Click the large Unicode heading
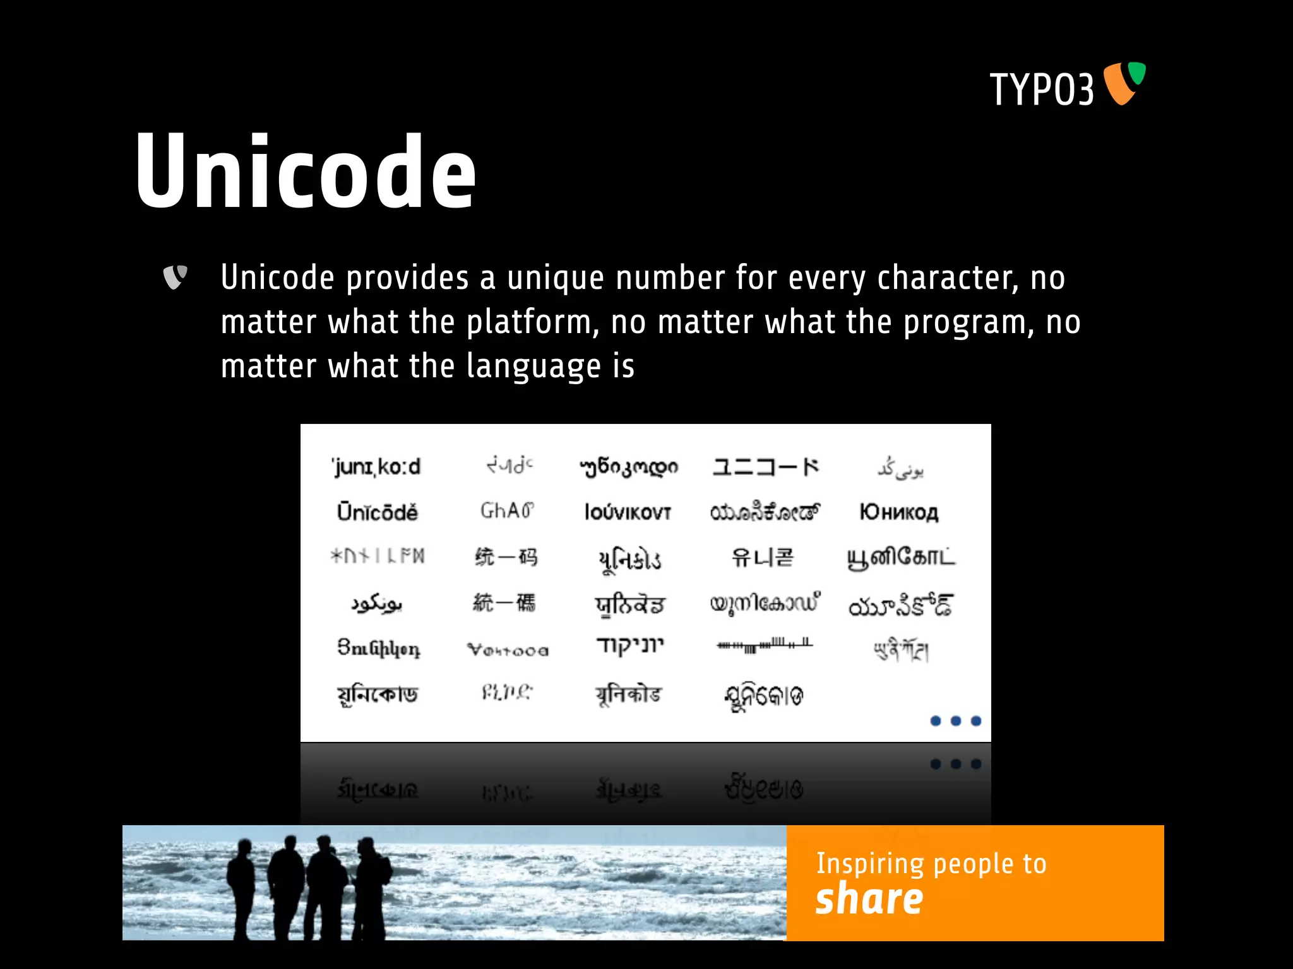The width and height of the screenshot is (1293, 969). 306,172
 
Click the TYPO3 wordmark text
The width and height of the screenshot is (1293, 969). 1041,90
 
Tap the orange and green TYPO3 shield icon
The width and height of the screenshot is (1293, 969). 1124,83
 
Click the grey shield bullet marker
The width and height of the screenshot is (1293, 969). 175,277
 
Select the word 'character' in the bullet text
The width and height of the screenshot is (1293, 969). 947,278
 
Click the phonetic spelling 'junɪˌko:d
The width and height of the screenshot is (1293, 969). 376,467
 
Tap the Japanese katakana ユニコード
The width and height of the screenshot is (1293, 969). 765,467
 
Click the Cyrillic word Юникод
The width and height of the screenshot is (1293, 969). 899,512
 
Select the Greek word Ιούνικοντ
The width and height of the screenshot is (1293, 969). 628,512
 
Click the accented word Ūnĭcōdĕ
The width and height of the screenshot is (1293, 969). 377,512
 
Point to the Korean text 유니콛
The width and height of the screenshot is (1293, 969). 762,558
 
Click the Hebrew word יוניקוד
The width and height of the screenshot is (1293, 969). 629,646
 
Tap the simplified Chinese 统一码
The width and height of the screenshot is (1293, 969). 506,558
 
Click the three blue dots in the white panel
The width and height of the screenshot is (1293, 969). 955,721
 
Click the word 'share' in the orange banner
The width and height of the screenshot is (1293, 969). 869,899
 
